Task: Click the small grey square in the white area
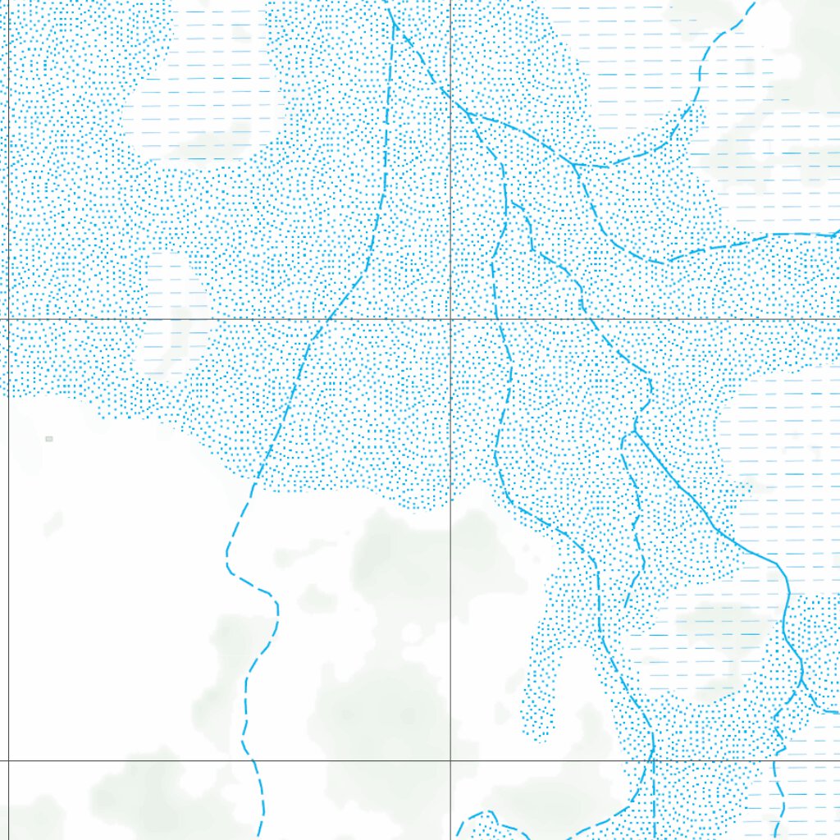click(49, 439)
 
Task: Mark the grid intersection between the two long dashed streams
click(450, 318)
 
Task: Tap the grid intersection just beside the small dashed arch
click(450, 760)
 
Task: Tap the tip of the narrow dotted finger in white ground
click(539, 734)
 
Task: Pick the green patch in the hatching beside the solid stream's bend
click(714, 623)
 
